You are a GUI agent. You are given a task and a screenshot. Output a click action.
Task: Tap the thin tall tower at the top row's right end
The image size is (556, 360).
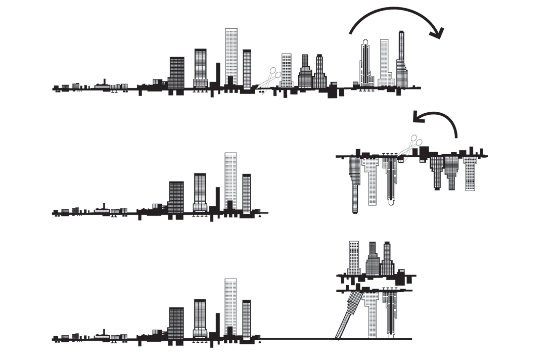(x=402, y=58)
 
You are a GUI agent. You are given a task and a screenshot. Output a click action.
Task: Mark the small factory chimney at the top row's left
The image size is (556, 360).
(x=104, y=82)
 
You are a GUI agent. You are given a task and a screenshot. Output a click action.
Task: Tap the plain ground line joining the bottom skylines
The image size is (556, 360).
(x=298, y=339)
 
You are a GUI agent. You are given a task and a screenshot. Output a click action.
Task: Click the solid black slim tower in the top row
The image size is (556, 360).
(x=218, y=73)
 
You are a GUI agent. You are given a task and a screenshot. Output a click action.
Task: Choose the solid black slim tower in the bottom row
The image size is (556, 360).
(x=218, y=324)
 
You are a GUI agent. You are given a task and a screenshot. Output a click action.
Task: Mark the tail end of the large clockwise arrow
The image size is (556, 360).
(x=350, y=33)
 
